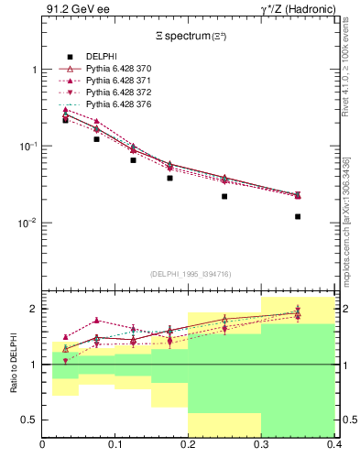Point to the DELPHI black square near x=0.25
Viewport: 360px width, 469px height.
(x=224, y=196)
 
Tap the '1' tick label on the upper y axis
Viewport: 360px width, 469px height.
(x=34, y=70)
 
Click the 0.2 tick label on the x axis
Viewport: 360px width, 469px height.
(x=189, y=446)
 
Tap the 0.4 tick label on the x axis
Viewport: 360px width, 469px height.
(x=333, y=446)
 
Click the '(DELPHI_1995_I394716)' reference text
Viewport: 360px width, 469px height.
(x=189, y=273)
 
